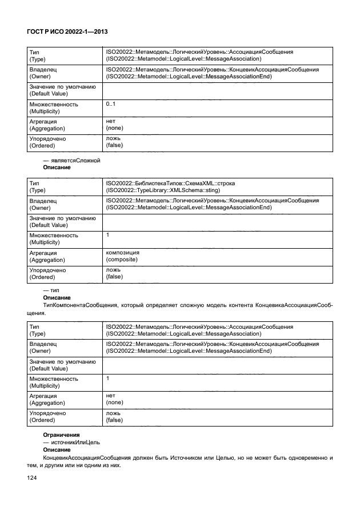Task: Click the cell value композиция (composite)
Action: (122, 256)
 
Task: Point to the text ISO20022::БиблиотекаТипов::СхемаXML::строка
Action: (170, 184)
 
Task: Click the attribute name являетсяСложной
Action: (75, 161)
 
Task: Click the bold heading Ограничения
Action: (61, 435)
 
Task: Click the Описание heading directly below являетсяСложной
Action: (57, 168)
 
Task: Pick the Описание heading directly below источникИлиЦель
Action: (57, 450)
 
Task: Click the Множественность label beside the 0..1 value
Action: (54, 105)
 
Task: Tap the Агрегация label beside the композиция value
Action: (43, 253)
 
